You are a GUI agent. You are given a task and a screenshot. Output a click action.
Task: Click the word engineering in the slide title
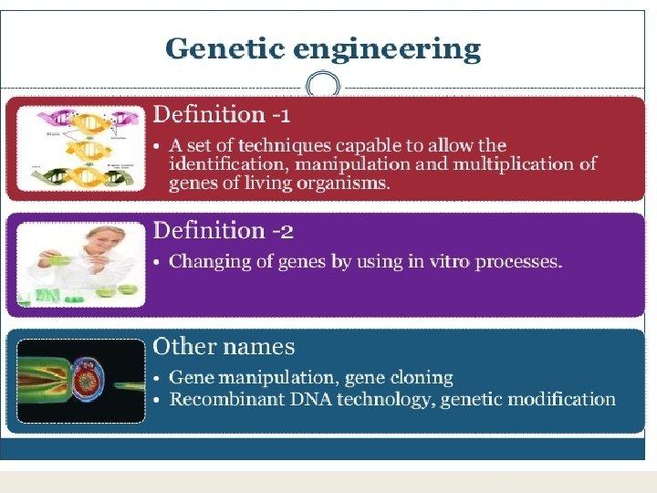386,50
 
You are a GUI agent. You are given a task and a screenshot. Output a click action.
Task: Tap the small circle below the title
322,88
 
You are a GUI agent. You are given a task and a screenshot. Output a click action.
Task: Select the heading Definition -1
222,115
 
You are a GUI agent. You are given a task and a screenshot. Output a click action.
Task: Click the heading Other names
224,347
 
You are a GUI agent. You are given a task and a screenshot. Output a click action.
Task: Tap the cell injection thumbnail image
81,381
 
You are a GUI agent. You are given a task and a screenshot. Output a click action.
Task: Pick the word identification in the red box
222,164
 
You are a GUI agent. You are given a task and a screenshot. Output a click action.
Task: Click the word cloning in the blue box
419,377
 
